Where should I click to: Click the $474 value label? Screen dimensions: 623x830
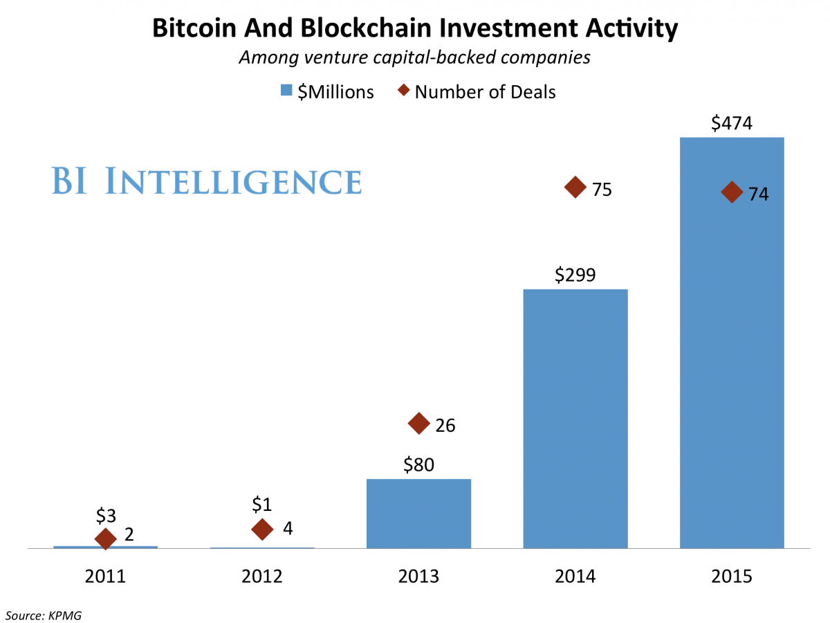(x=732, y=124)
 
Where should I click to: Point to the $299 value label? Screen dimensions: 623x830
(x=575, y=276)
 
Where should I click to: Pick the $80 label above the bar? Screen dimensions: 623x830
(x=418, y=464)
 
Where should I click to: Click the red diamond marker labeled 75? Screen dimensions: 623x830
(x=575, y=188)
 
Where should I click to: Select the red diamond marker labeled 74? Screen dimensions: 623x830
(x=731, y=192)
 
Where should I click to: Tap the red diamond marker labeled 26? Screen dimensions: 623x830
(x=418, y=423)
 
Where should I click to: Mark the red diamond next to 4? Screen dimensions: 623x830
(x=262, y=530)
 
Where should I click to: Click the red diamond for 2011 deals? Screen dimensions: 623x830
(x=105, y=539)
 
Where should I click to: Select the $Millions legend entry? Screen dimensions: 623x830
(x=328, y=91)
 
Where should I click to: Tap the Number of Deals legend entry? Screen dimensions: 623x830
(x=477, y=91)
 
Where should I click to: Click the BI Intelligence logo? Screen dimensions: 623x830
(x=206, y=181)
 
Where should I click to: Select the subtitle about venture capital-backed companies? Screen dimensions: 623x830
(x=414, y=57)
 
